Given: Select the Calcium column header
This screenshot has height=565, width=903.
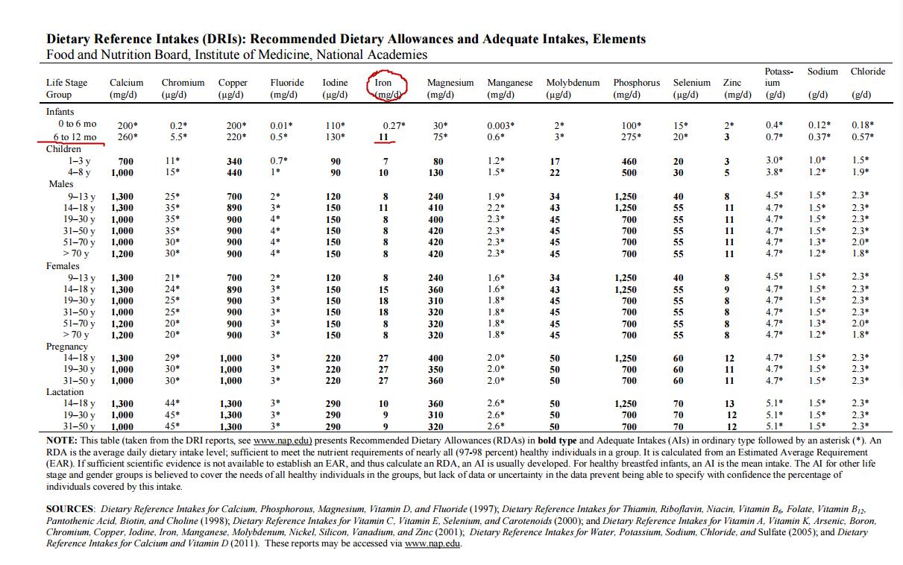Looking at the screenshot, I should click(x=127, y=88).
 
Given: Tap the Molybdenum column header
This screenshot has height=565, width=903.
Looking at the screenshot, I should click(x=573, y=88).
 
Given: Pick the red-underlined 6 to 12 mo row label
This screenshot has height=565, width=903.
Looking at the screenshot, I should click(x=75, y=137).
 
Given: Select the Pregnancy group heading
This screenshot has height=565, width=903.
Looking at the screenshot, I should click(x=67, y=347).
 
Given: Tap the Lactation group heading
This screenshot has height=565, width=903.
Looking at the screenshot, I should click(x=66, y=392).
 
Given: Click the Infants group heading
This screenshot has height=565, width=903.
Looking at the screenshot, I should click(x=60, y=111).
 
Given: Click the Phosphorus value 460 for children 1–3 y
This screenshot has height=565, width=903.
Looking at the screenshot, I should click(x=629, y=161).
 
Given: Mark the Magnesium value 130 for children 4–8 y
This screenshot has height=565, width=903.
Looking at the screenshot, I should click(x=438, y=173).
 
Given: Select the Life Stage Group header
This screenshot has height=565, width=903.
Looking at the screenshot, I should click(x=66, y=88).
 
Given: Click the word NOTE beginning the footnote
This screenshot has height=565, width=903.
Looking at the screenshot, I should click(x=62, y=441).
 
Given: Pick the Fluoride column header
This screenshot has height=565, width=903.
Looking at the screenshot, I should click(x=287, y=88).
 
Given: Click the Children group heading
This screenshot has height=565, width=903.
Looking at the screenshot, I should click(x=63, y=149).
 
